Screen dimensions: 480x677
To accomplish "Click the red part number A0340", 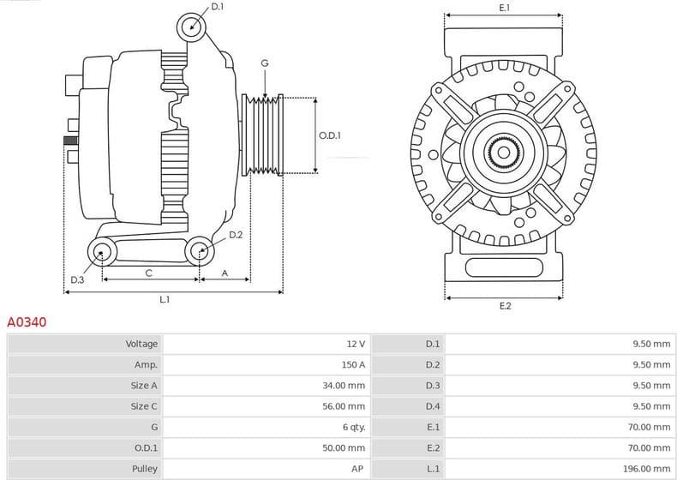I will pos(27,323).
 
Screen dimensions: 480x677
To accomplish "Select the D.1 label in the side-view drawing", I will pos(217,7).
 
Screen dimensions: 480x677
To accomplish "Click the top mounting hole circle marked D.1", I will pos(192,27).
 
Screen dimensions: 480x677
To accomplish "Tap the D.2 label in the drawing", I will pos(236,235).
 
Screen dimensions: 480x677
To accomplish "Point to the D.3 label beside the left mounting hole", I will pos(77,279).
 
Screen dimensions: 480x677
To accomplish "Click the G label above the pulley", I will pos(265,63).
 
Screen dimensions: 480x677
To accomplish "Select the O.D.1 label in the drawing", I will pos(330,135).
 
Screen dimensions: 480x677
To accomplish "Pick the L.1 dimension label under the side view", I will pos(164,300).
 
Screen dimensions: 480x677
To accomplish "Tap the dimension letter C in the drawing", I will pos(148,273).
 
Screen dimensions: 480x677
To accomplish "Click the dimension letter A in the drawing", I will pos(225,273).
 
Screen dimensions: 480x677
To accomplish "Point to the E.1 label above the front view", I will pos(504,8).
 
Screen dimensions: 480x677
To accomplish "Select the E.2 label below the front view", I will pos(505,306).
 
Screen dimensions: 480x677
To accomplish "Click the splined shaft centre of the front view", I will pos(504,153).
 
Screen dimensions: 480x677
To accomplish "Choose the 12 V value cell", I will pos(356,344).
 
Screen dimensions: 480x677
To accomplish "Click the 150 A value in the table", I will pos(353,364).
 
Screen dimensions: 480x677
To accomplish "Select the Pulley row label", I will pos(145,469).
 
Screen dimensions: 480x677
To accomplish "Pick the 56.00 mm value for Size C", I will pos(345,406).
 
